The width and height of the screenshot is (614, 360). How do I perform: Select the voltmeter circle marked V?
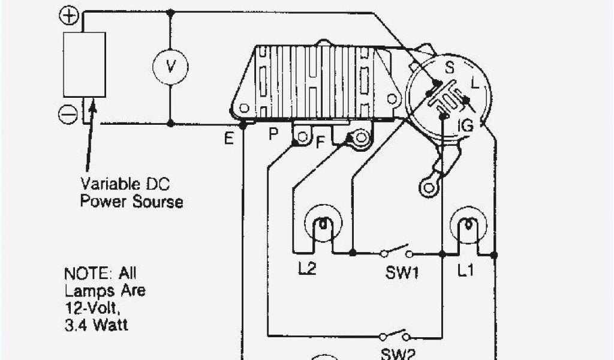[170, 66]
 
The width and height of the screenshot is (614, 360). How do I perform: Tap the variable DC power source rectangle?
[85, 64]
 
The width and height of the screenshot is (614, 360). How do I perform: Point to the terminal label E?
[228, 139]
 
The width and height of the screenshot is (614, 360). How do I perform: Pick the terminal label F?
[320, 143]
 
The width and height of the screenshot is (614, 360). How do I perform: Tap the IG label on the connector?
[466, 125]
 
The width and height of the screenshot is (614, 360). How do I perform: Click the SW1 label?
[402, 274]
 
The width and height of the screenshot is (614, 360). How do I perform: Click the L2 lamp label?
[306, 269]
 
